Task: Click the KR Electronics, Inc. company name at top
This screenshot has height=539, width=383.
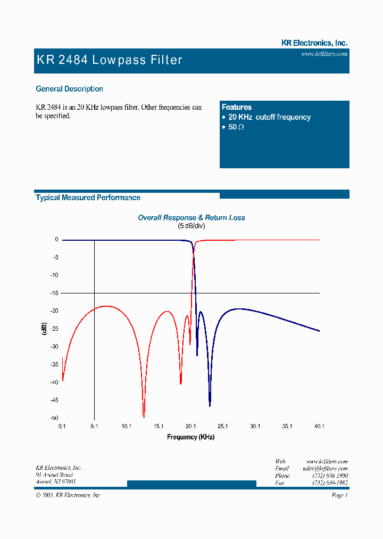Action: (314, 43)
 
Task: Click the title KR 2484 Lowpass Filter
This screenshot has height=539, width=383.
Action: (110, 60)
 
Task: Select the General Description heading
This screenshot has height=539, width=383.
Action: (69, 89)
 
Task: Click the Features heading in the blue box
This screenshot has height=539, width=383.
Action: (237, 107)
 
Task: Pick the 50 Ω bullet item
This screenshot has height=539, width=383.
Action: (236, 127)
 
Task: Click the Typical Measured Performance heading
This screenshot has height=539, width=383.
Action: (88, 198)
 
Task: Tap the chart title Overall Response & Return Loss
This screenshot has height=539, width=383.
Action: (191, 217)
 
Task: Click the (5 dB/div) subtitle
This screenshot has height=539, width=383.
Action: (191, 226)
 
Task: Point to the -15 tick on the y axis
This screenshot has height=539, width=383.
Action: (55, 293)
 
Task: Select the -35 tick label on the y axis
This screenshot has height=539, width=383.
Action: (55, 364)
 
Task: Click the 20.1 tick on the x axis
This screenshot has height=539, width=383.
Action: (191, 426)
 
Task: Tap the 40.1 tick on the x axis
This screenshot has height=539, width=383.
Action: (319, 426)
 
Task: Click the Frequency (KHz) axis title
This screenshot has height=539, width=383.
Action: (191, 437)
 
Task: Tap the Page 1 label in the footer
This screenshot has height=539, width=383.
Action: (339, 495)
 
